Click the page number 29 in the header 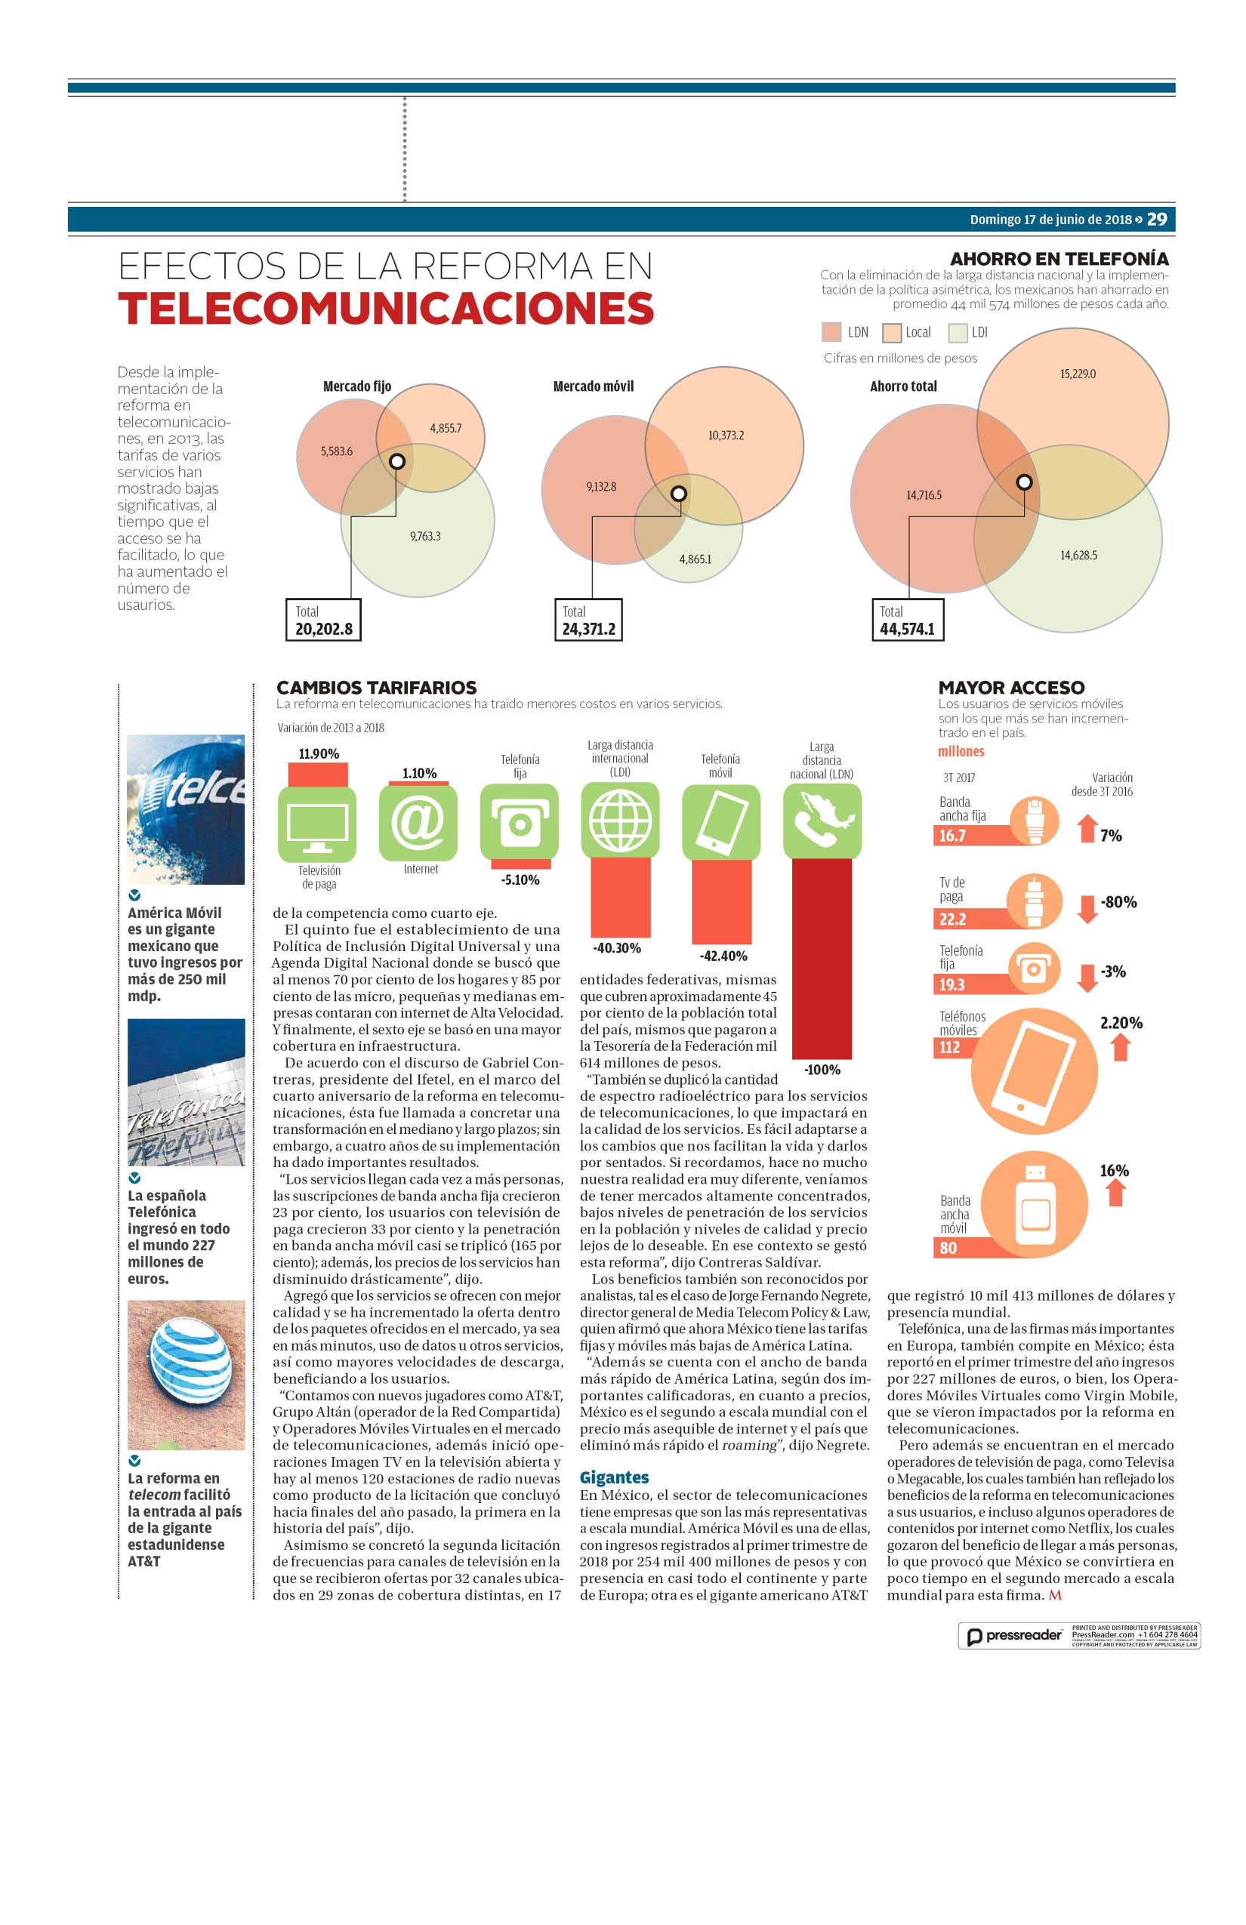click(x=1157, y=219)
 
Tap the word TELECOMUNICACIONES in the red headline click(x=386, y=308)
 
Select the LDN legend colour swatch click(x=831, y=331)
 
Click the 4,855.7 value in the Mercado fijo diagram click(x=446, y=428)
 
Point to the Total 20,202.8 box click(x=324, y=620)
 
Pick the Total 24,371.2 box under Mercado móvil click(x=588, y=620)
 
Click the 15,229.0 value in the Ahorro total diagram click(x=1078, y=374)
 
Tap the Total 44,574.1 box click(x=907, y=620)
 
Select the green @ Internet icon click(x=418, y=823)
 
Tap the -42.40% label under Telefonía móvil click(x=723, y=956)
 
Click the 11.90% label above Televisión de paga click(x=319, y=754)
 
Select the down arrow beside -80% click(x=1088, y=908)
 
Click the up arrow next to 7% click(x=1087, y=828)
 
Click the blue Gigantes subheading click(x=614, y=1478)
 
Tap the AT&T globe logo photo click(x=186, y=1374)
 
